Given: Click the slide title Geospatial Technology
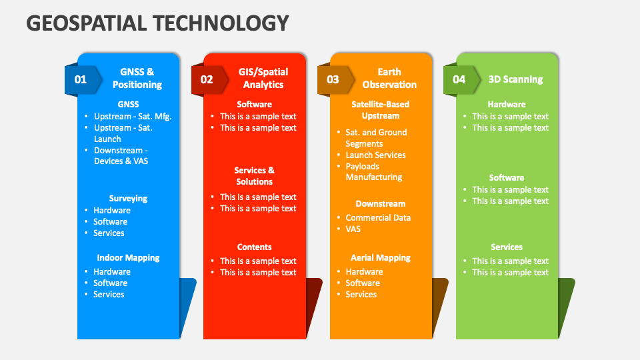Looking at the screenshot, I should click(x=157, y=23).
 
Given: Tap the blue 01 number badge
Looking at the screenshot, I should click(x=81, y=79).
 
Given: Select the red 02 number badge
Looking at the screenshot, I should click(x=207, y=79).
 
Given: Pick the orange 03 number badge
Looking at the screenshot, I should click(x=333, y=79).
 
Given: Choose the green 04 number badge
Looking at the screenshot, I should click(x=459, y=79).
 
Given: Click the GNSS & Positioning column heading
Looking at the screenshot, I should click(x=137, y=78).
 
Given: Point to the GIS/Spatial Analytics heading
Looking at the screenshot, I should click(x=263, y=78).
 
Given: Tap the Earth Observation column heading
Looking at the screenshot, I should click(x=389, y=78).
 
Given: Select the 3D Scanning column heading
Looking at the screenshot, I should click(x=515, y=79).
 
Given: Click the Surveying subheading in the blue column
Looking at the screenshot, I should click(x=128, y=198).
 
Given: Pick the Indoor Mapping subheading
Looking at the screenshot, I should click(x=128, y=257).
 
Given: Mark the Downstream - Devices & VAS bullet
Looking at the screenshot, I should click(x=121, y=155).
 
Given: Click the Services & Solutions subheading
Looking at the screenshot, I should click(x=255, y=176).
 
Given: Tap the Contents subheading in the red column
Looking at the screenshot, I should click(x=255, y=247).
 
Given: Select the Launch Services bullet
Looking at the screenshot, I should click(x=375, y=155).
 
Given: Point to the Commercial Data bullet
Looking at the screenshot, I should click(x=378, y=217).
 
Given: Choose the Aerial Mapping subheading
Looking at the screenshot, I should click(x=381, y=257).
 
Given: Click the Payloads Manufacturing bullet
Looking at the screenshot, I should click(x=373, y=171).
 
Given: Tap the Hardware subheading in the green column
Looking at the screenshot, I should click(x=507, y=104).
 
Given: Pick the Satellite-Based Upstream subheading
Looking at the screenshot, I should click(x=381, y=109).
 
